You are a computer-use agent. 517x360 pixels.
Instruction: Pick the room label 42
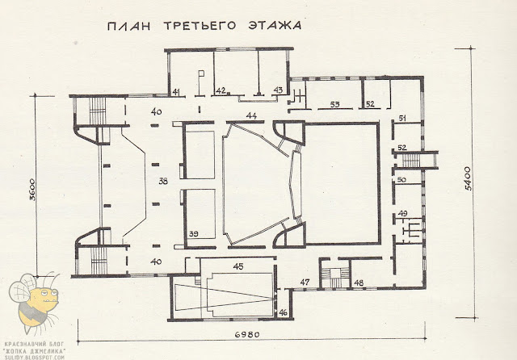coord(220,90)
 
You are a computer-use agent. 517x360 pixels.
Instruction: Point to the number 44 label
coord(252,117)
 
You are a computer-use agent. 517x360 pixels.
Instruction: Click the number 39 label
coord(194,233)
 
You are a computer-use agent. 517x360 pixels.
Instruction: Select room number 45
coord(237,266)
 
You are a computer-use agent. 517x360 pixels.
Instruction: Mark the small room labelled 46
coord(283,311)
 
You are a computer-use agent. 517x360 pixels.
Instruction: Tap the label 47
coord(305,282)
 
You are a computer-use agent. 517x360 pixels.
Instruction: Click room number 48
coord(359,283)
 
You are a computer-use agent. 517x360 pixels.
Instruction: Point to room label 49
coord(403,213)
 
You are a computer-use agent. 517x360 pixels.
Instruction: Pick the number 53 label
coord(334,104)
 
